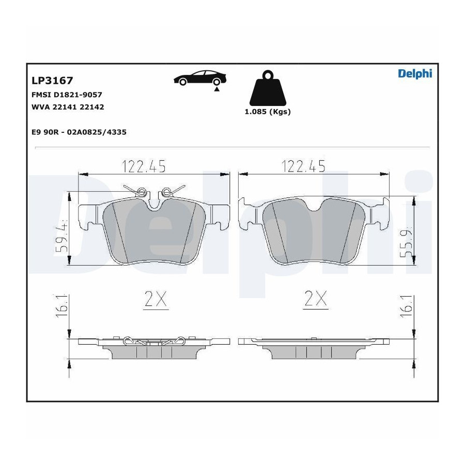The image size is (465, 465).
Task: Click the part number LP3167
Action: (x=52, y=81)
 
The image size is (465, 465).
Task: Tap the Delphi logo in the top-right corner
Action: (x=415, y=73)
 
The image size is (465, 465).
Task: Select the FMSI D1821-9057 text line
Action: (x=67, y=95)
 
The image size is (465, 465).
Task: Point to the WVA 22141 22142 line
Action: (x=68, y=107)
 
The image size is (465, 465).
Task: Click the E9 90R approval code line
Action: (x=79, y=132)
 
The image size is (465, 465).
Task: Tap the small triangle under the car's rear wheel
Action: (x=217, y=89)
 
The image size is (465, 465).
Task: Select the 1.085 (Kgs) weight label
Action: (x=268, y=112)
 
